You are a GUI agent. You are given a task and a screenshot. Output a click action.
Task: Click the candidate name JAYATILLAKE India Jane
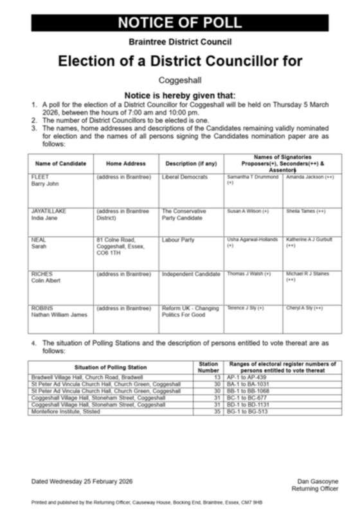pos(48,214)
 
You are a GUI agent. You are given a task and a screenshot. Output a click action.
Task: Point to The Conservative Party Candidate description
pos(183,214)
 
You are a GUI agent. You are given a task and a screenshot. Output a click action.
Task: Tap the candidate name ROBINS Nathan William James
pos(59,312)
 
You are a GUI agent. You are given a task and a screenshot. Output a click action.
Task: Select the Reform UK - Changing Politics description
pos(190,312)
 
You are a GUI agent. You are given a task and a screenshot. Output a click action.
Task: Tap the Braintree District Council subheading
pos(179,43)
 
